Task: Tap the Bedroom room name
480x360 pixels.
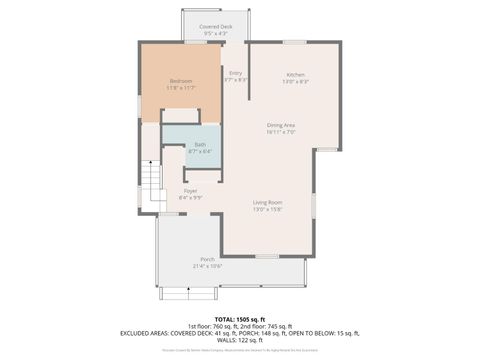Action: tap(181, 80)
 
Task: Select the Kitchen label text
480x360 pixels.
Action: tap(295, 75)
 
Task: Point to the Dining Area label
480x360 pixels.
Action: tap(281, 124)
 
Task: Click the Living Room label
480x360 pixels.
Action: tap(267, 202)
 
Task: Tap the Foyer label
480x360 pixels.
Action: tap(190, 190)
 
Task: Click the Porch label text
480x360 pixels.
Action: tap(207, 259)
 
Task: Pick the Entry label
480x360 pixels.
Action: tap(236, 72)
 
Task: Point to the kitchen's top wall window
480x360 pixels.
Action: tap(294, 42)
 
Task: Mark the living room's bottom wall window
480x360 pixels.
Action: tap(266, 256)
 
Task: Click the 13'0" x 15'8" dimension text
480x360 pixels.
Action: tap(267, 209)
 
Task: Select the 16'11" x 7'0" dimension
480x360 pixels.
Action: tap(281, 131)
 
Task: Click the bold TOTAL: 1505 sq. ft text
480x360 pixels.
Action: tap(239, 317)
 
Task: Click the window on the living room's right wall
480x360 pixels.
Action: tap(313, 205)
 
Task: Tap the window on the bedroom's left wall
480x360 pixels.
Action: tap(139, 102)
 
